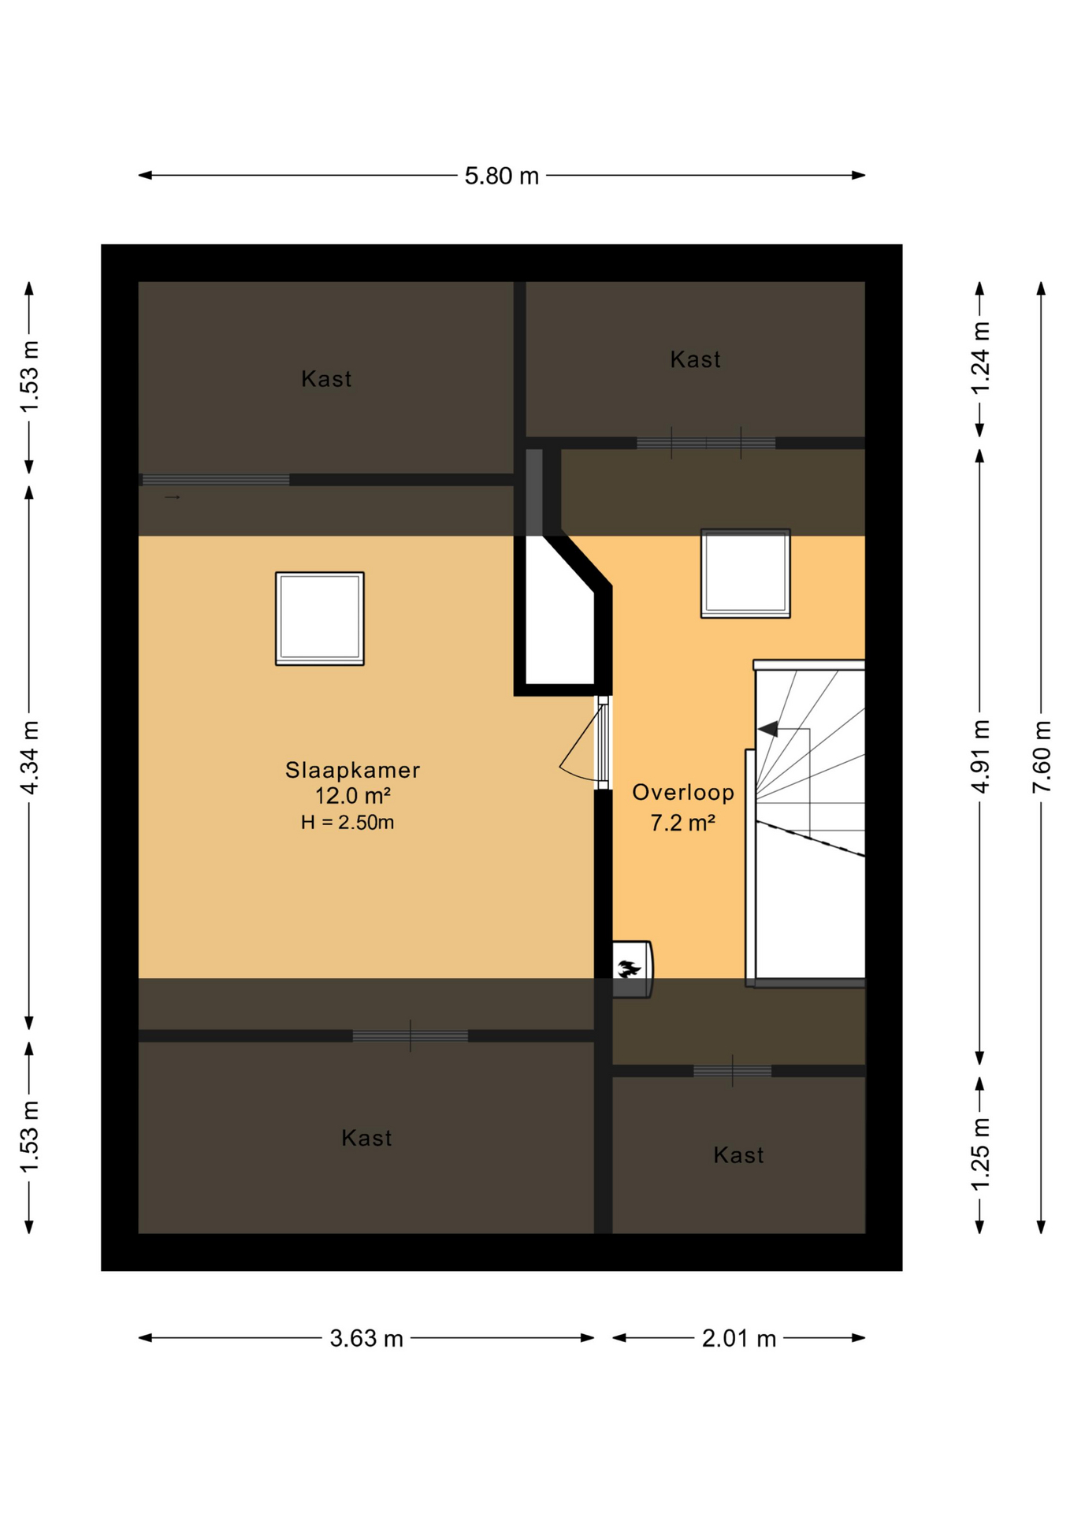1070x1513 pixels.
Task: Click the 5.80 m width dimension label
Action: (501, 176)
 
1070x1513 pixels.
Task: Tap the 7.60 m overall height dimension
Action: (1041, 756)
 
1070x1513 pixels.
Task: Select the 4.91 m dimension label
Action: (979, 756)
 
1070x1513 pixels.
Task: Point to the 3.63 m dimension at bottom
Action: (366, 1338)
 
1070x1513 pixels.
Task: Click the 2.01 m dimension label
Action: (738, 1338)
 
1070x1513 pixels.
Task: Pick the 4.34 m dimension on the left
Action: (29, 756)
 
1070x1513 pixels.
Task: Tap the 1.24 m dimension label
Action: (979, 359)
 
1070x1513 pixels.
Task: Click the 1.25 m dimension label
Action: (979, 1154)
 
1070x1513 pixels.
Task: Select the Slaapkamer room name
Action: (352, 770)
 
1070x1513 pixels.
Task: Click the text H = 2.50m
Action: (347, 823)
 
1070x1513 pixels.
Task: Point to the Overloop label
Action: (682, 793)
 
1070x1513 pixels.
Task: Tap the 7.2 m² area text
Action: (682, 823)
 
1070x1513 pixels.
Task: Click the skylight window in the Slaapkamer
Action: (319, 619)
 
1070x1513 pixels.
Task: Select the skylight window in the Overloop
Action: (745, 574)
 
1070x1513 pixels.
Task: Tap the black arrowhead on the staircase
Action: (768, 729)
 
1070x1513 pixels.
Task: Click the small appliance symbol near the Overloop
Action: (631, 969)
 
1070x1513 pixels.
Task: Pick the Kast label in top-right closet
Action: (695, 360)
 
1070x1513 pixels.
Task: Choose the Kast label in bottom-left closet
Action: (366, 1138)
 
